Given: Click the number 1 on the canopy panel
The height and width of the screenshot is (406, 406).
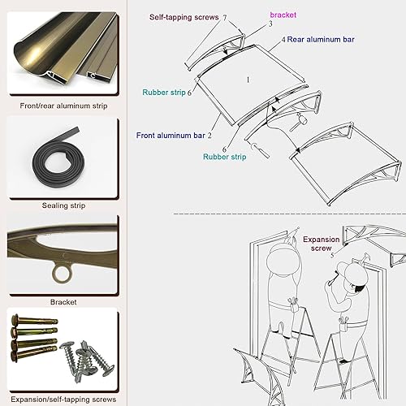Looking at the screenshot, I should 248,80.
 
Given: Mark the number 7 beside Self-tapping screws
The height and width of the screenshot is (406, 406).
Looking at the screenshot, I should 225,17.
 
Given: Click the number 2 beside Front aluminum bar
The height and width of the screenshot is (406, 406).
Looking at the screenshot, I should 209,136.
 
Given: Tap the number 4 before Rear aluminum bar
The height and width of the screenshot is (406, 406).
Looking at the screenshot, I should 283,39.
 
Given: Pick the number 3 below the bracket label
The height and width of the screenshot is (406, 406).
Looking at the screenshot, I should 270,25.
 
